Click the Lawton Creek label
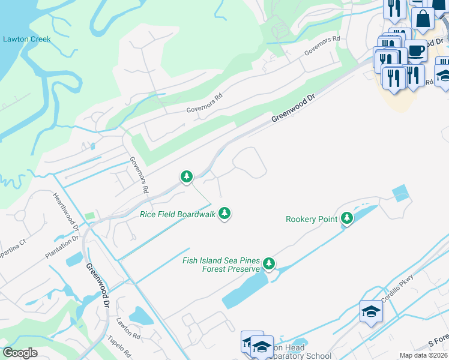click(27, 39)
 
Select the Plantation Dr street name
click(62, 247)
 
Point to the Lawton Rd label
click(128, 327)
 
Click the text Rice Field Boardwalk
click(178, 214)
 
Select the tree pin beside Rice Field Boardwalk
click(224, 212)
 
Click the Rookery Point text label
click(311, 219)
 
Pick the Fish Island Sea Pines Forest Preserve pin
click(269, 263)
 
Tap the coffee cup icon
click(415, 50)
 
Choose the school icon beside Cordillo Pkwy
click(371, 311)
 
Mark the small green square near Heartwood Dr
click(90, 215)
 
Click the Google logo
click(20, 353)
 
